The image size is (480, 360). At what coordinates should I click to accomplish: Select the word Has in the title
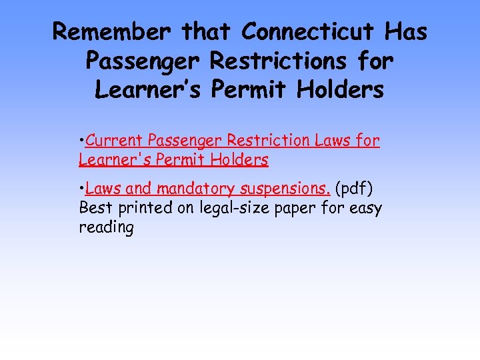[x=406, y=31]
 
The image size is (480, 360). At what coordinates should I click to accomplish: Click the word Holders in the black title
[x=341, y=89]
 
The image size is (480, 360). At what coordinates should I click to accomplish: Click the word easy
[x=366, y=209]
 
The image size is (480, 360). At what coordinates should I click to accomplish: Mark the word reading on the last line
[x=106, y=227]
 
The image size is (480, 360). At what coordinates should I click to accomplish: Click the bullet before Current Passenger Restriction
[x=81, y=141]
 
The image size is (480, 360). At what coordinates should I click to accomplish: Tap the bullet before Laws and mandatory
[x=81, y=190]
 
